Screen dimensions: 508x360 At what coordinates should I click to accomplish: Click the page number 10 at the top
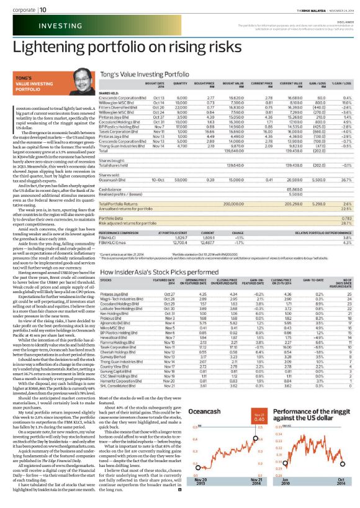(x=43, y=9)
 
